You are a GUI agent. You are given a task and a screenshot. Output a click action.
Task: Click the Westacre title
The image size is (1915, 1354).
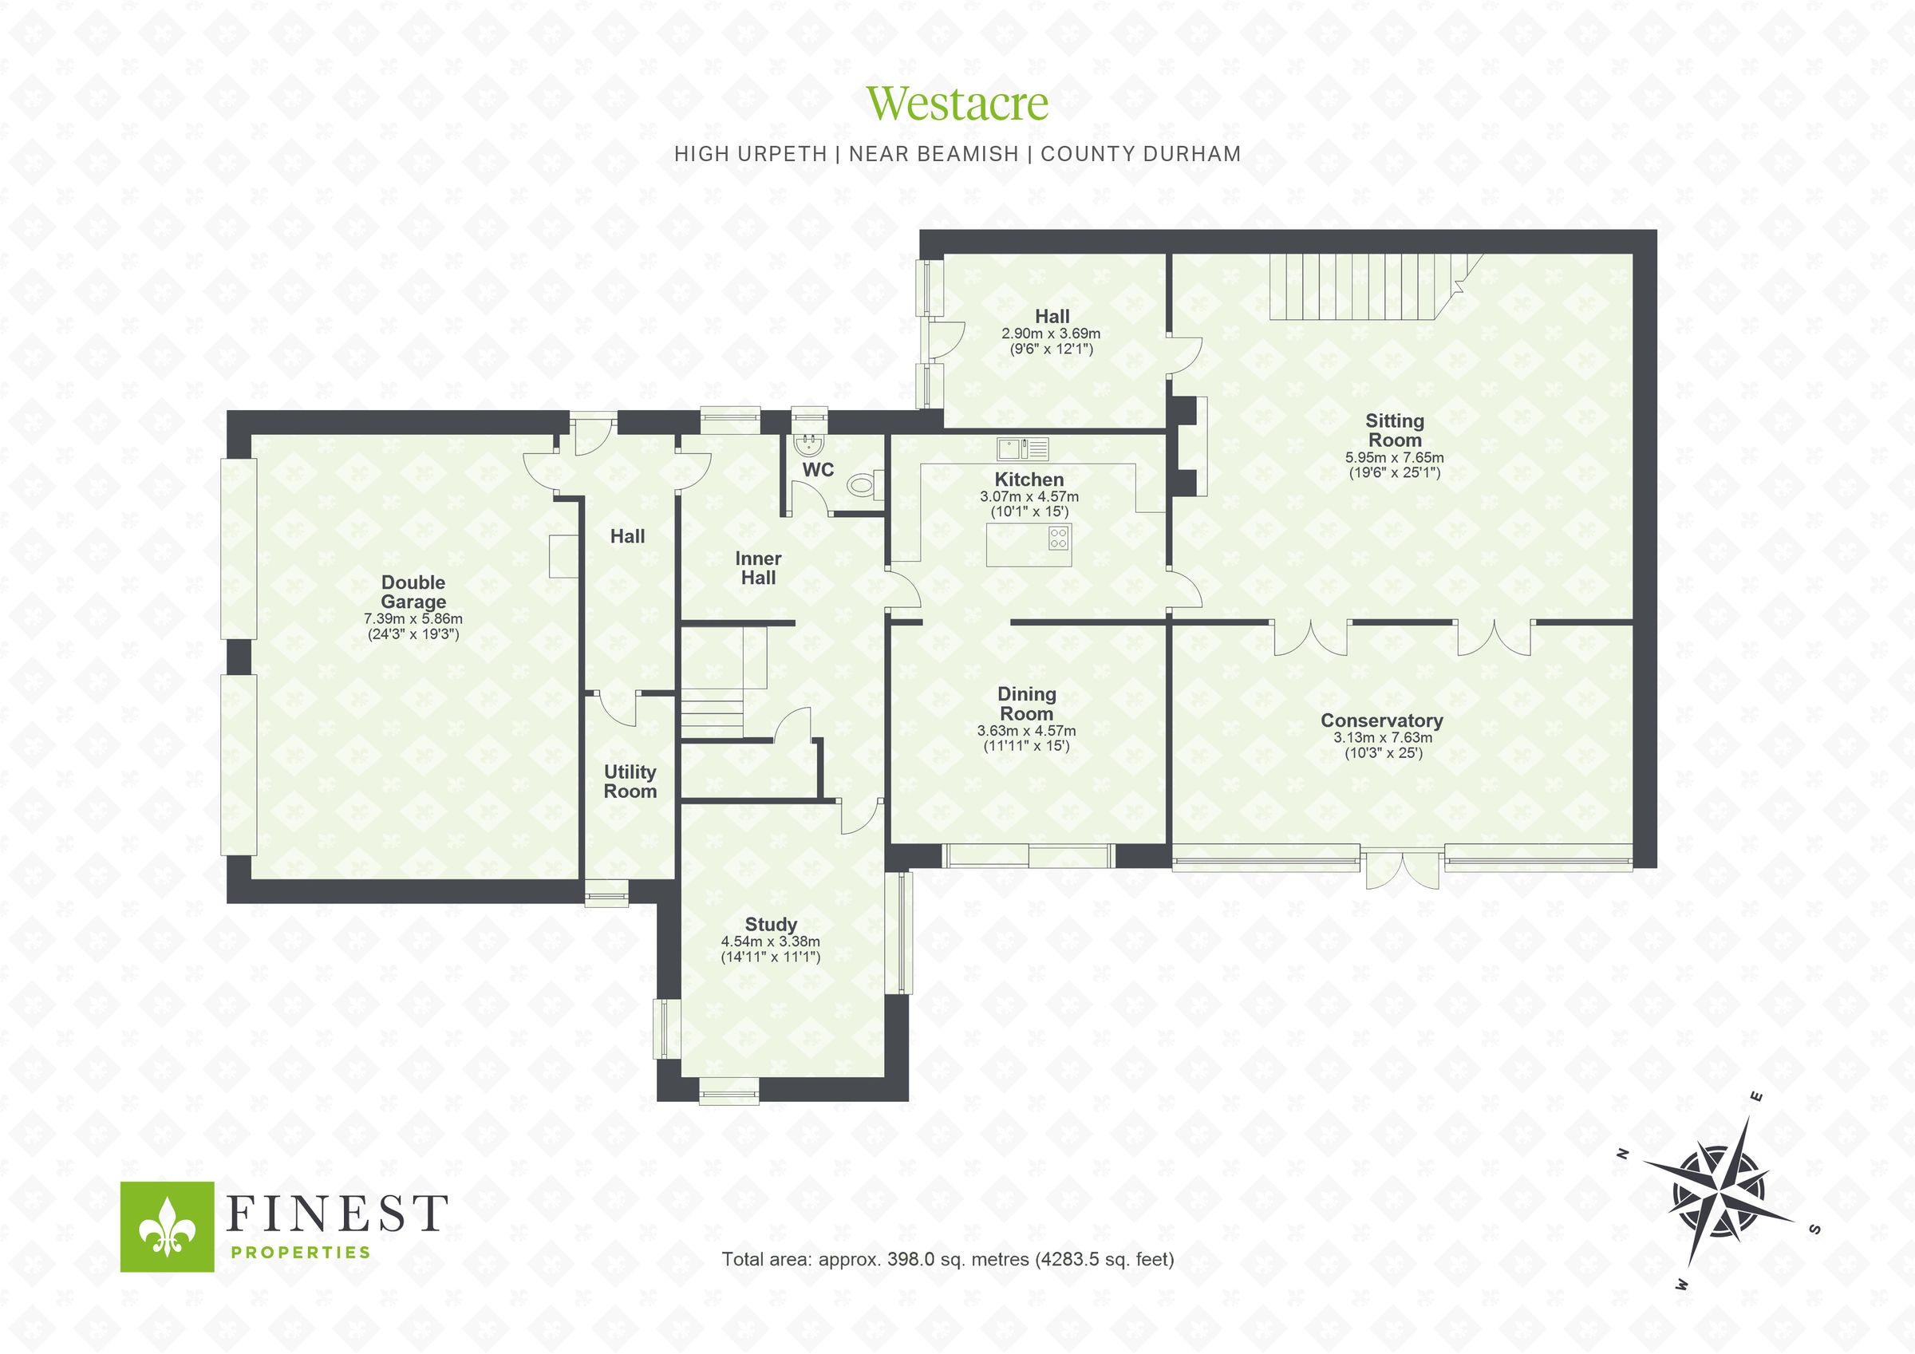click(x=957, y=103)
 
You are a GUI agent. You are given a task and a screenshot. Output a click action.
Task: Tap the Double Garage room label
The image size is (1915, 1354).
click(x=413, y=591)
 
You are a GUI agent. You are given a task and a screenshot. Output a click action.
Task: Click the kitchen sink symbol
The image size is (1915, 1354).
click(x=1023, y=449)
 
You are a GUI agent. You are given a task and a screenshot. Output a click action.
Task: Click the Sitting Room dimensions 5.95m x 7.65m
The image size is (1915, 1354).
click(x=1394, y=457)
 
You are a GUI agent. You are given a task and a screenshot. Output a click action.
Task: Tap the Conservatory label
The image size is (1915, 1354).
click(x=1381, y=720)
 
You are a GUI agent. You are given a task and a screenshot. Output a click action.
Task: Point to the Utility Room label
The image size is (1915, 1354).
click(x=630, y=781)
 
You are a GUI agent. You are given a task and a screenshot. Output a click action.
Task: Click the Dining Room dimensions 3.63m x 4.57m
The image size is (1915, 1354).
click(x=1026, y=730)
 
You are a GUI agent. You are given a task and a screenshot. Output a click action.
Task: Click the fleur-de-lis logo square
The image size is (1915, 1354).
click(x=167, y=1226)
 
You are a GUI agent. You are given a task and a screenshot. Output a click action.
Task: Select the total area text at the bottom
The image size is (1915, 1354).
click(x=947, y=1259)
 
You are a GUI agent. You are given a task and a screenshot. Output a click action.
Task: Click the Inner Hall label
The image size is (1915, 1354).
click(x=757, y=567)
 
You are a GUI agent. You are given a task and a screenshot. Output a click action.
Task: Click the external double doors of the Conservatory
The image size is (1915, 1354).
click(x=1402, y=870)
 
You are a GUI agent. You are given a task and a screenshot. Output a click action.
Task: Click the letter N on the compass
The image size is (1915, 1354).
click(x=1623, y=1154)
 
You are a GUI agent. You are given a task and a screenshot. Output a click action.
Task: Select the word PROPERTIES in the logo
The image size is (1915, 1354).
click(x=299, y=1252)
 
